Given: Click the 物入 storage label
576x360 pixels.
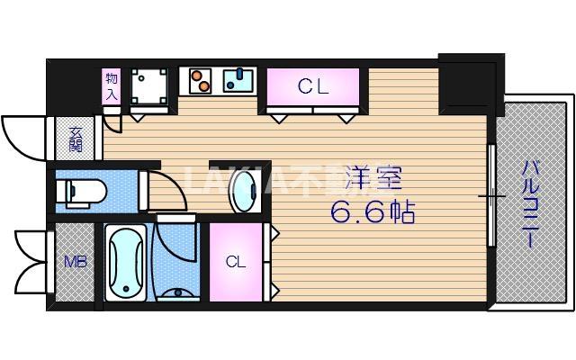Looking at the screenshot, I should point(112,85).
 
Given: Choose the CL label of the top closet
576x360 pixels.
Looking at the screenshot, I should point(312,87).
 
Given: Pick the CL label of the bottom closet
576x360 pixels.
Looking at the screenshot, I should point(235,262).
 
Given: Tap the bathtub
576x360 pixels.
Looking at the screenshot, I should point(125,262).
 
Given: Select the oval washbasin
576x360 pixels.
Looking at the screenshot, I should point(241,190).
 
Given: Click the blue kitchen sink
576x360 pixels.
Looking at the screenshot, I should point(238,81).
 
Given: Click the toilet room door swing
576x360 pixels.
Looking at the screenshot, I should point(165,191).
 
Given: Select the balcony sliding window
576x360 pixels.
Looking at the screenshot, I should point(491,195).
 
